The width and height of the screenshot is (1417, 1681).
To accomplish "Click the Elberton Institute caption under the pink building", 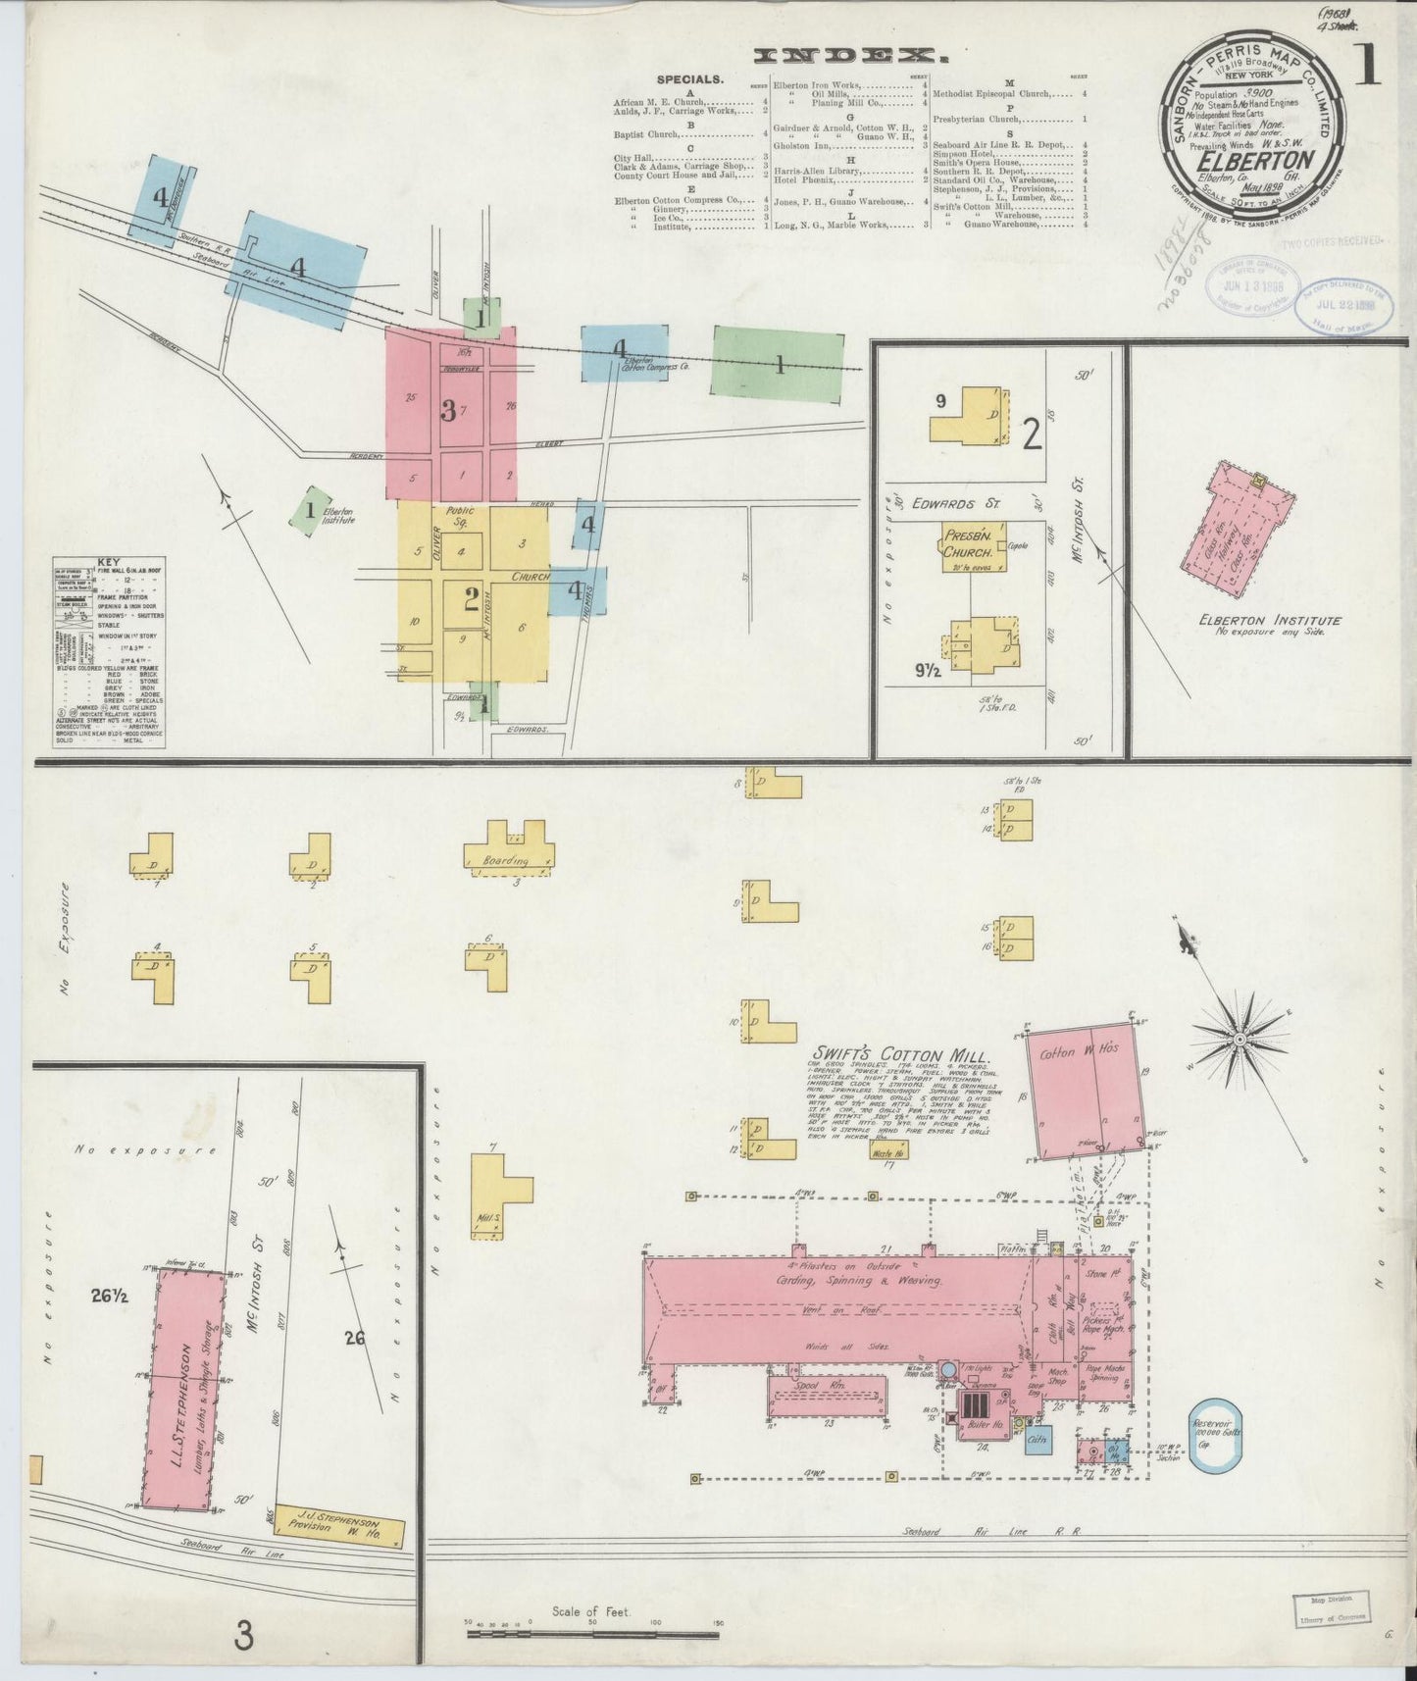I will pyautogui.click(x=1269, y=620).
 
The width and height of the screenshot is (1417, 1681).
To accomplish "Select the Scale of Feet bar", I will pyautogui.click(x=592, y=1634).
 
